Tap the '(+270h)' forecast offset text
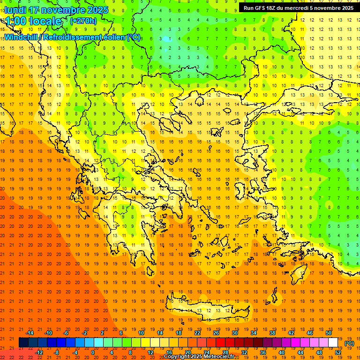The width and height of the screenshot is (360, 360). pos(83,21)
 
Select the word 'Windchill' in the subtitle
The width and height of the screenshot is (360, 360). pos(22,37)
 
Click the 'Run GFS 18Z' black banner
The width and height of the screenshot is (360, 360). pos(299,8)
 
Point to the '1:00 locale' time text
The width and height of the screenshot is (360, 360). pos(33,21)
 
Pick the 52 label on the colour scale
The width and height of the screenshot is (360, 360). pos(337,352)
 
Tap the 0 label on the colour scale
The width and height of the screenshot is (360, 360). pos(92,352)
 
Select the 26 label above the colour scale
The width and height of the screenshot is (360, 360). pos(216,333)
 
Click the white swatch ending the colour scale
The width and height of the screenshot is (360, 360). pos(333,343)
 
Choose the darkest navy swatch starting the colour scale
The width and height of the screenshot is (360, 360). pos(23,343)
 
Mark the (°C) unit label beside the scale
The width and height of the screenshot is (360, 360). pos(349,343)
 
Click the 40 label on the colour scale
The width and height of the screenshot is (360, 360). pos(281,352)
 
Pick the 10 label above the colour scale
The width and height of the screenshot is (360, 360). pos(141,333)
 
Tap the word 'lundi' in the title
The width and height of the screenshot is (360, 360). pos(15,10)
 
